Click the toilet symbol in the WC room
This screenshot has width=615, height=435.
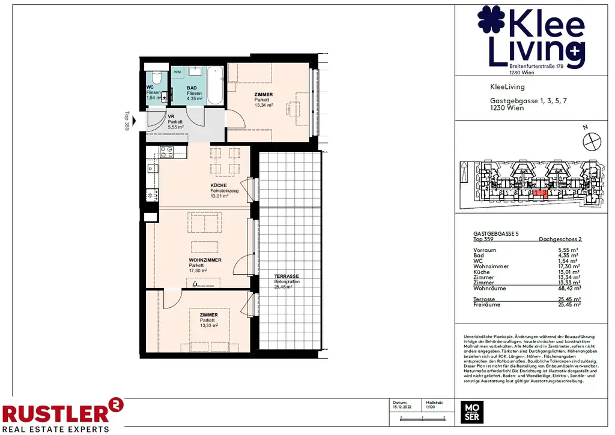pos(156,78)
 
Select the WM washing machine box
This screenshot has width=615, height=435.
pos(177,72)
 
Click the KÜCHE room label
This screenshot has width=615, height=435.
pos(218,185)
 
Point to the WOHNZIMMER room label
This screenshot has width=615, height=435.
pos(205,260)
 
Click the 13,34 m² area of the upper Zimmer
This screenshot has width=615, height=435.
pos(264,105)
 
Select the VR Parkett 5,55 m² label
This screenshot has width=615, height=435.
pos(175,122)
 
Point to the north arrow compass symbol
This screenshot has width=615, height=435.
pos(591,139)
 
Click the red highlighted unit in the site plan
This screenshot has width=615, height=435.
pos(541,193)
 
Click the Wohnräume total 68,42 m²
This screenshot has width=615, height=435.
pos(567,288)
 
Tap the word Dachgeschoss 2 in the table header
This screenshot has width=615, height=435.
pos(560,239)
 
